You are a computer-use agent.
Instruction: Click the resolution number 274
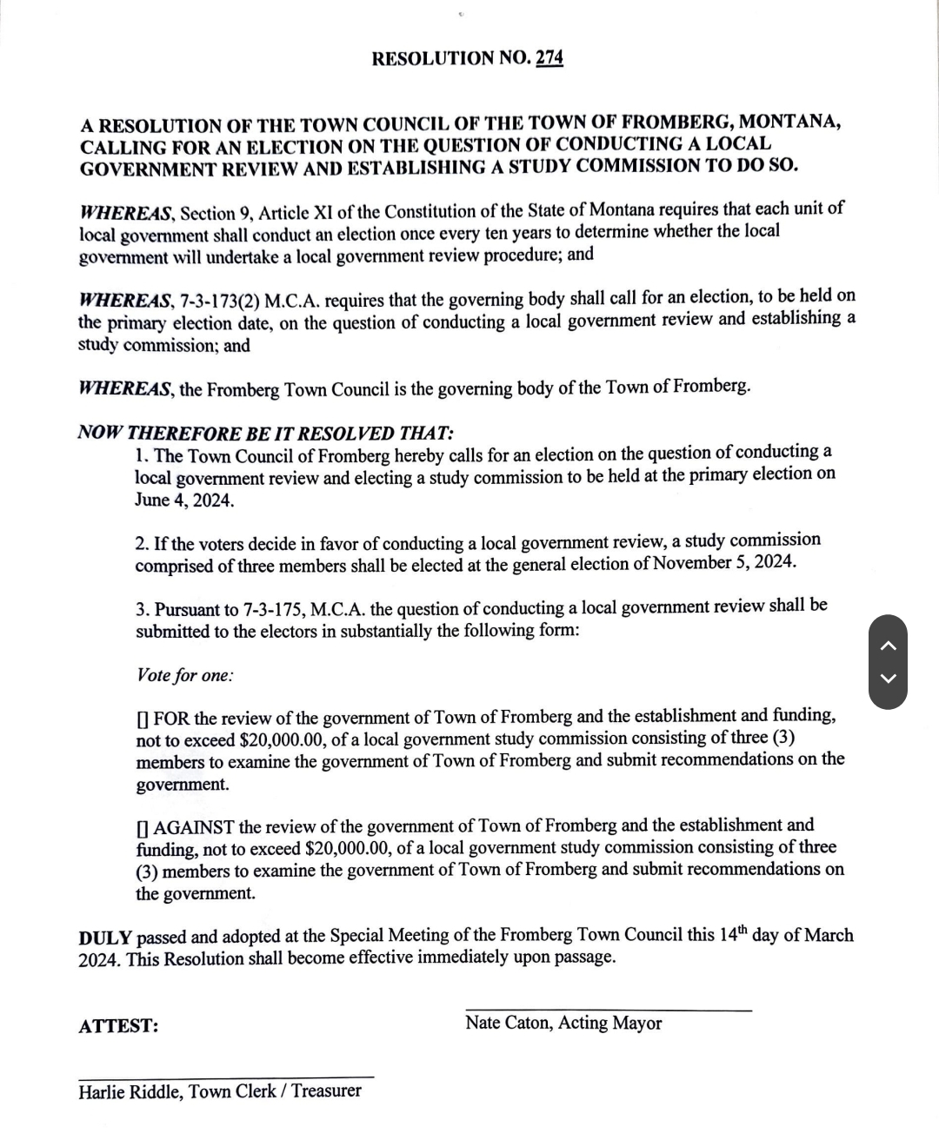549,58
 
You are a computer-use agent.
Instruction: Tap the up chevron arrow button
888,645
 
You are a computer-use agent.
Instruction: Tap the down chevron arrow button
888,679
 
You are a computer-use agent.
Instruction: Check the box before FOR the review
142,720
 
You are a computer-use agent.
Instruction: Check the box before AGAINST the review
142,828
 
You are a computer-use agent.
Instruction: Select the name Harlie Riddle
129,1092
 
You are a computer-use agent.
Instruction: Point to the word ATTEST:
118,1026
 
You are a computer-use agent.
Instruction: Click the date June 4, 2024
184,500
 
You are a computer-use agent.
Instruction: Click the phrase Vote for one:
184,675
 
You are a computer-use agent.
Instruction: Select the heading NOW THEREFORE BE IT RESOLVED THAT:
266,433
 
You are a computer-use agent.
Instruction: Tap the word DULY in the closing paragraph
105,938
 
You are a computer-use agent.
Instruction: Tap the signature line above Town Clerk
226,1077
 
